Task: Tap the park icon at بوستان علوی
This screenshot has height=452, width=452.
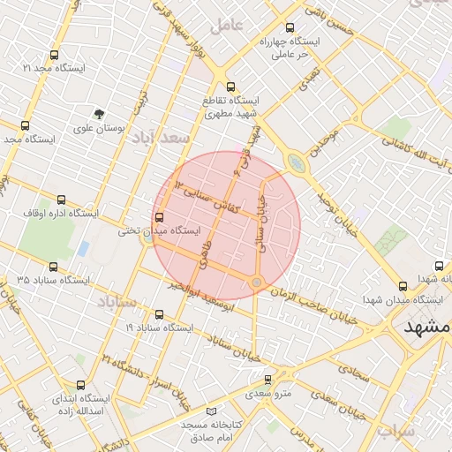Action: pyautogui.click(x=100, y=113)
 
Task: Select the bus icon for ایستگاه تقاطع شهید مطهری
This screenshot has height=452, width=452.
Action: pyautogui.click(x=231, y=87)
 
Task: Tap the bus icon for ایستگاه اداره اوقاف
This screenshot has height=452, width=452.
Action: pyautogui.click(x=61, y=200)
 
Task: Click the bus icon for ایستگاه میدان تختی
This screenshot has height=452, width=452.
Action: pyautogui.click(x=159, y=217)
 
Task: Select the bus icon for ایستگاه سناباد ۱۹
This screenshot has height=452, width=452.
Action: pyautogui.click(x=159, y=313)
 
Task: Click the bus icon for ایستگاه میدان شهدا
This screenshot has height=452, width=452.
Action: pyautogui.click(x=403, y=286)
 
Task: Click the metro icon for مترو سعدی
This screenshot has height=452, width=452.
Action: pyautogui.click(x=268, y=380)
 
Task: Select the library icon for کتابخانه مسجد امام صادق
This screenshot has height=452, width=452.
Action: pyautogui.click(x=209, y=412)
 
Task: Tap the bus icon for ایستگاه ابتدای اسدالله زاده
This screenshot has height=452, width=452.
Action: pyautogui.click(x=82, y=384)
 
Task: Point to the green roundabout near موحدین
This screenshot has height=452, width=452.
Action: pyautogui.click(x=296, y=162)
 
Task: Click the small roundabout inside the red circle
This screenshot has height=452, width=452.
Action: pyautogui.click(x=257, y=282)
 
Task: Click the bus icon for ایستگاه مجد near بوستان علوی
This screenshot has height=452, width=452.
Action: pyautogui.click(x=25, y=125)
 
